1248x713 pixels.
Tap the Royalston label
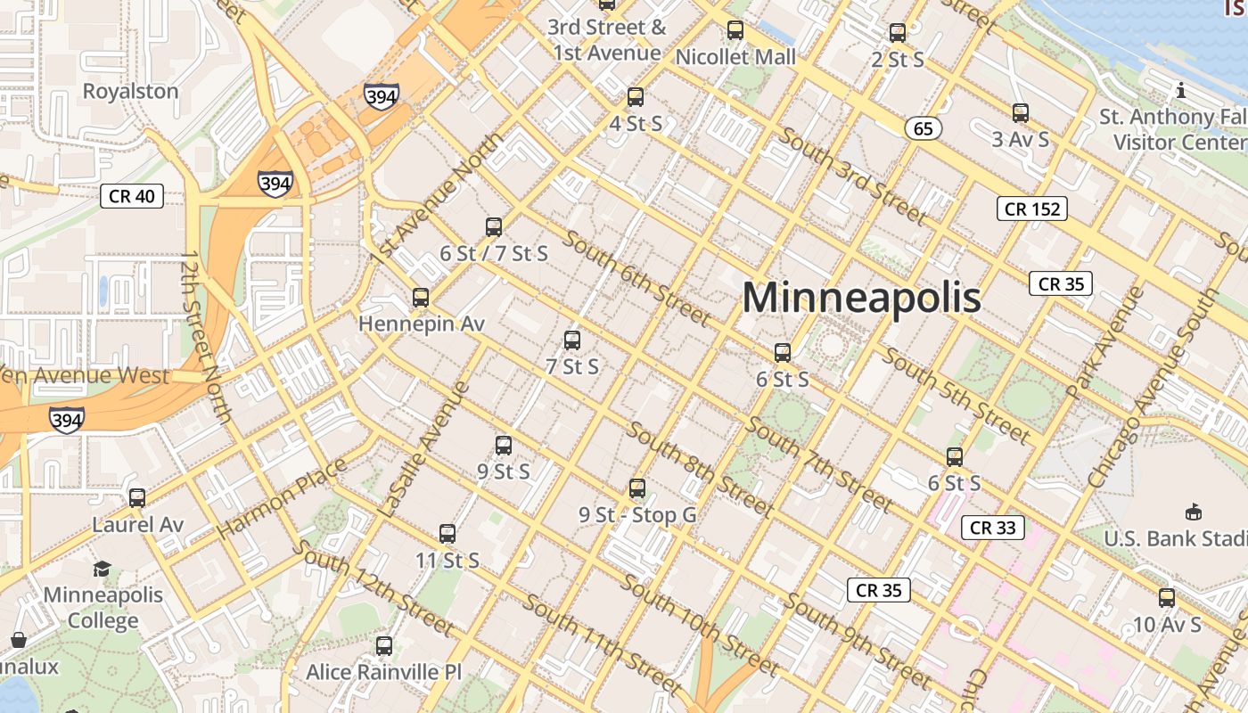pyautogui.click(x=130, y=91)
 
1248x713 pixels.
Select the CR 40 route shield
pyautogui.click(x=132, y=196)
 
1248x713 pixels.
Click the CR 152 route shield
pyautogui.click(x=1031, y=209)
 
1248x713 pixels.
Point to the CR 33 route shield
pyautogui.click(x=993, y=528)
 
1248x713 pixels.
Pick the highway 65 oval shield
pyautogui.click(x=923, y=129)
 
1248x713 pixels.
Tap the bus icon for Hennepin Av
pyautogui.click(x=421, y=298)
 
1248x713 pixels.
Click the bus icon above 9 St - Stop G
pyautogui.click(x=636, y=488)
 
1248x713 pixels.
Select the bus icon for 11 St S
pyautogui.click(x=447, y=534)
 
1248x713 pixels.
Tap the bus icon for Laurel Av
pyautogui.click(x=137, y=498)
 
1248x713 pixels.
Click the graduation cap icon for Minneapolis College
pyautogui.click(x=103, y=569)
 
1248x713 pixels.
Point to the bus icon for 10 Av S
pyautogui.click(x=1166, y=598)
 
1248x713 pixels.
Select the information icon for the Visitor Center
pyautogui.click(x=1181, y=90)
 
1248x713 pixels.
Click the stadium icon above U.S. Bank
pyautogui.click(x=1193, y=512)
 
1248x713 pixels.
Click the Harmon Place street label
pyautogui.click(x=281, y=498)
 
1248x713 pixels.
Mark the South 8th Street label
pyautogui.click(x=700, y=468)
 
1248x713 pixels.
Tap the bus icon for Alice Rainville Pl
pyautogui.click(x=384, y=646)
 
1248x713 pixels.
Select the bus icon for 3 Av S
pyautogui.click(x=1021, y=113)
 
